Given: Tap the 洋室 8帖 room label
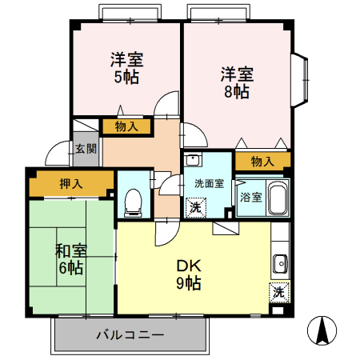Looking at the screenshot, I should [237, 82].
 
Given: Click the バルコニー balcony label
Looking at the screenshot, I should [130, 334].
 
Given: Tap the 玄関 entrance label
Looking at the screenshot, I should [86, 149].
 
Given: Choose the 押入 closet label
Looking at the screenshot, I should [70, 184].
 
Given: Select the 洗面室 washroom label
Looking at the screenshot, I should [209, 183].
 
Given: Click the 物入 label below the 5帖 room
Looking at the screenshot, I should [126, 126].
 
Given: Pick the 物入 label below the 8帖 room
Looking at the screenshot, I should [262, 162].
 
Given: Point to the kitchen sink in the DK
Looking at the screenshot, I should [280, 263].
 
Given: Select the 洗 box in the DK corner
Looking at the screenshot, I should [278, 292].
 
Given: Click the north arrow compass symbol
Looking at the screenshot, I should [324, 330].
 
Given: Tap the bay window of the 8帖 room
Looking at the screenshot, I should [301, 79].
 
